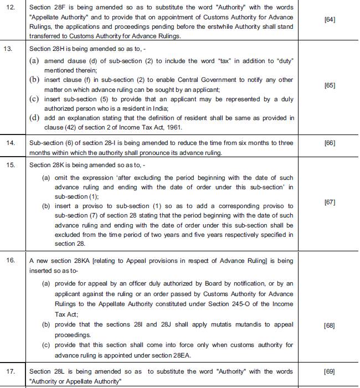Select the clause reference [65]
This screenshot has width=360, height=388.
(x=330, y=85)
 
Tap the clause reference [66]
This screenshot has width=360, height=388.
(x=330, y=143)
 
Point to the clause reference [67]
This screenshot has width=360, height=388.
(x=330, y=202)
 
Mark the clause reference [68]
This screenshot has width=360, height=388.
(x=330, y=325)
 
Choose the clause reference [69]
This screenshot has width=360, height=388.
(x=330, y=371)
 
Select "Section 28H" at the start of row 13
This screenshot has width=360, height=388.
(x=47, y=49)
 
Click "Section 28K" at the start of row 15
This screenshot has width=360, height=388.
(x=47, y=165)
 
